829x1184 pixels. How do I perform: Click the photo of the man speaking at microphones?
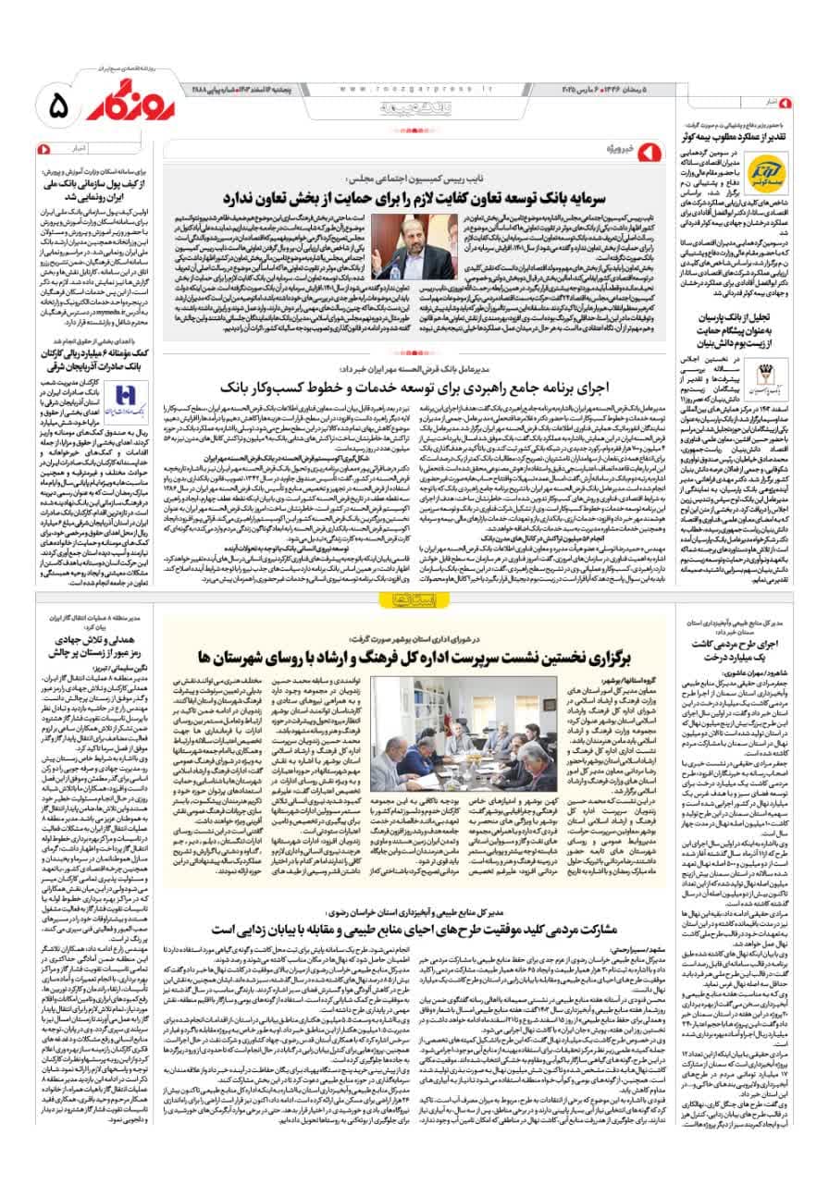tap(419, 247)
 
